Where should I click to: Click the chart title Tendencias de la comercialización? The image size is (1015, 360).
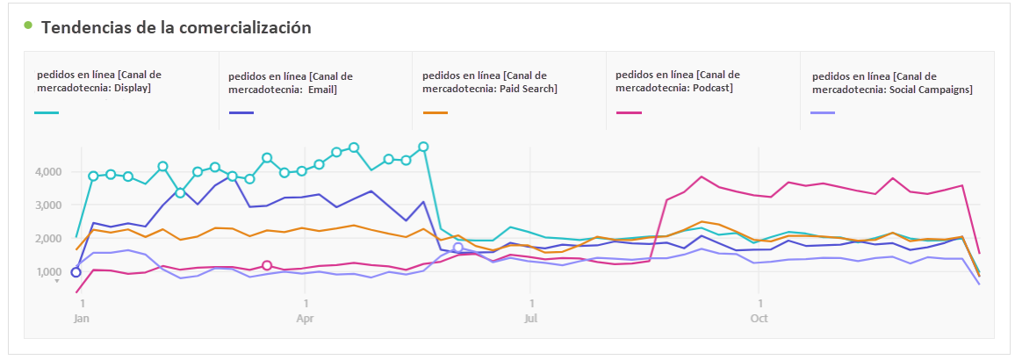click(176, 27)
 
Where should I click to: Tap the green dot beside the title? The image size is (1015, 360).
click(28, 25)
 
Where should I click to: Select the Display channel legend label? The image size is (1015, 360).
click(98, 81)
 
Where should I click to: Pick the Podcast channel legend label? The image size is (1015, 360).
click(678, 81)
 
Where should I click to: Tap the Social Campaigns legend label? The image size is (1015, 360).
click(892, 83)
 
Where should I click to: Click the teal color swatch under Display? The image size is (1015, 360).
click(47, 113)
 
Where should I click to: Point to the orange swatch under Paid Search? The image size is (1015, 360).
click(435, 113)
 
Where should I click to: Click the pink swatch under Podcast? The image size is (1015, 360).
click(629, 113)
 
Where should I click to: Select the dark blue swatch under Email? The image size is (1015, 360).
click(241, 113)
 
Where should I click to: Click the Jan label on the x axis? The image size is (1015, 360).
click(81, 319)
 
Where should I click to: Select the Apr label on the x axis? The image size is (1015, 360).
click(305, 319)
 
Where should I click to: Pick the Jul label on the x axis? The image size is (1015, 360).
click(530, 319)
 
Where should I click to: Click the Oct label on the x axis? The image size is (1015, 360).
click(759, 319)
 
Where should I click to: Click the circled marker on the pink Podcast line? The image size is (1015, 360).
click(267, 265)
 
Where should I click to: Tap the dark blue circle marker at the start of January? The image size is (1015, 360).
click(76, 272)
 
